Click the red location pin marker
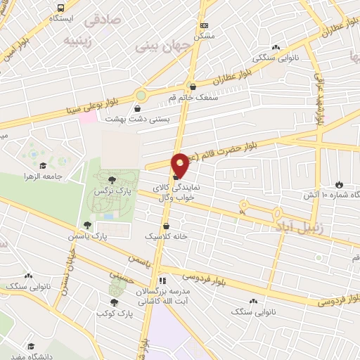(x=180, y=166)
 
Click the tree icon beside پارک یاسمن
(x=87, y=226)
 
